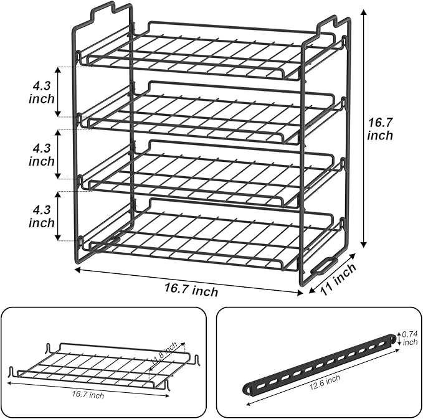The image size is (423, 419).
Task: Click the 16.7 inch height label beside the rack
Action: coord(380,128)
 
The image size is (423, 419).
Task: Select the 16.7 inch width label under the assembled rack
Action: coord(191,290)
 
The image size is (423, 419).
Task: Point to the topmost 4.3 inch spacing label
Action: coord(41,90)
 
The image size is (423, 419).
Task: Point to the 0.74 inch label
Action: coord(409,337)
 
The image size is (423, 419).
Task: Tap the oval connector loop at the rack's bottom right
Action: coord(325,266)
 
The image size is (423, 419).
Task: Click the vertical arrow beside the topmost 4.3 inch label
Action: coord(58,90)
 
